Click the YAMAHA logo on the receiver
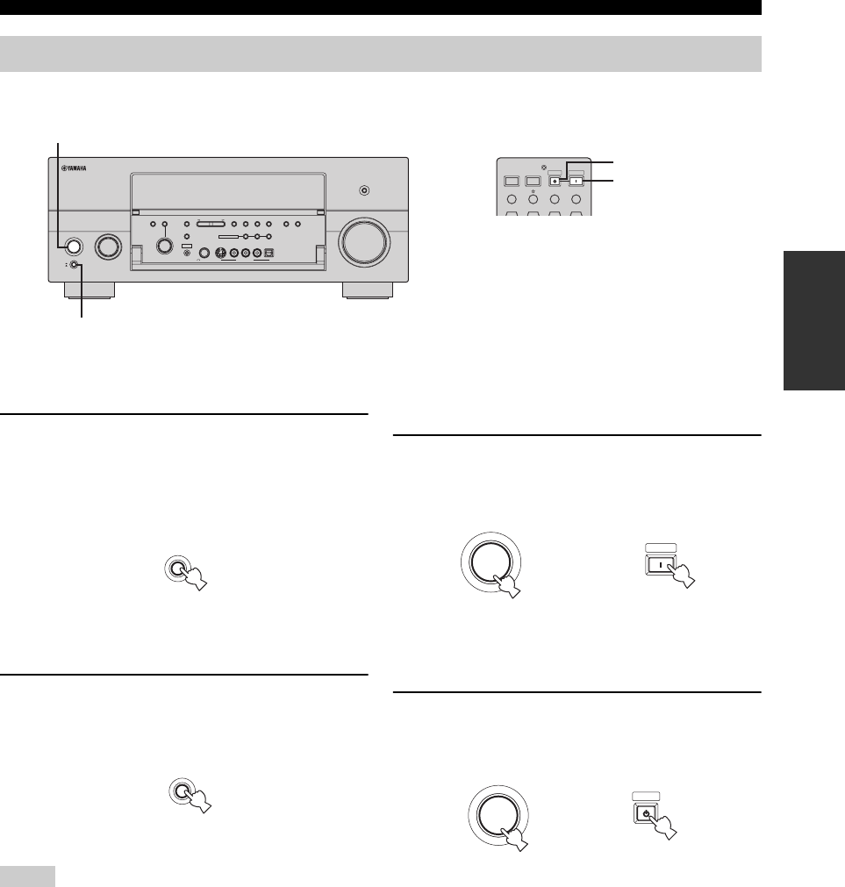click(x=75, y=170)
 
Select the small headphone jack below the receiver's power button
click(x=75, y=266)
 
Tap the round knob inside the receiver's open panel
click(x=164, y=245)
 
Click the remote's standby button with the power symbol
click(x=555, y=182)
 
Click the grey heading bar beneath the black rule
click(x=380, y=54)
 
